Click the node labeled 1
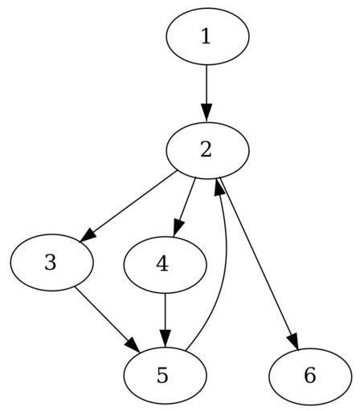tap(207, 36)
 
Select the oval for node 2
tap(207, 150)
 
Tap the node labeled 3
tap(52, 262)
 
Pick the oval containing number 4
tap(166, 265)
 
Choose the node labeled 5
tap(166, 376)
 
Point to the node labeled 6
tap(310, 376)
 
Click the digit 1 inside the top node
tap(206, 36)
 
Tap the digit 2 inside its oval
tap(206, 150)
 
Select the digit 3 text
tap(51, 262)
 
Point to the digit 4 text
tap(162, 265)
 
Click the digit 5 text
tap(162, 376)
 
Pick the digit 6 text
tap(310, 376)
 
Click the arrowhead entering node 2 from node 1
tap(207, 113)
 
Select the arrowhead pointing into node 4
tap(178, 227)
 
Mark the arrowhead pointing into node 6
tap(293, 340)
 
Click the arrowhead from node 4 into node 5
tap(166, 339)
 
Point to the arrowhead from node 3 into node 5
tap(133, 345)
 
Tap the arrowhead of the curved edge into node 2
tap(219, 188)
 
